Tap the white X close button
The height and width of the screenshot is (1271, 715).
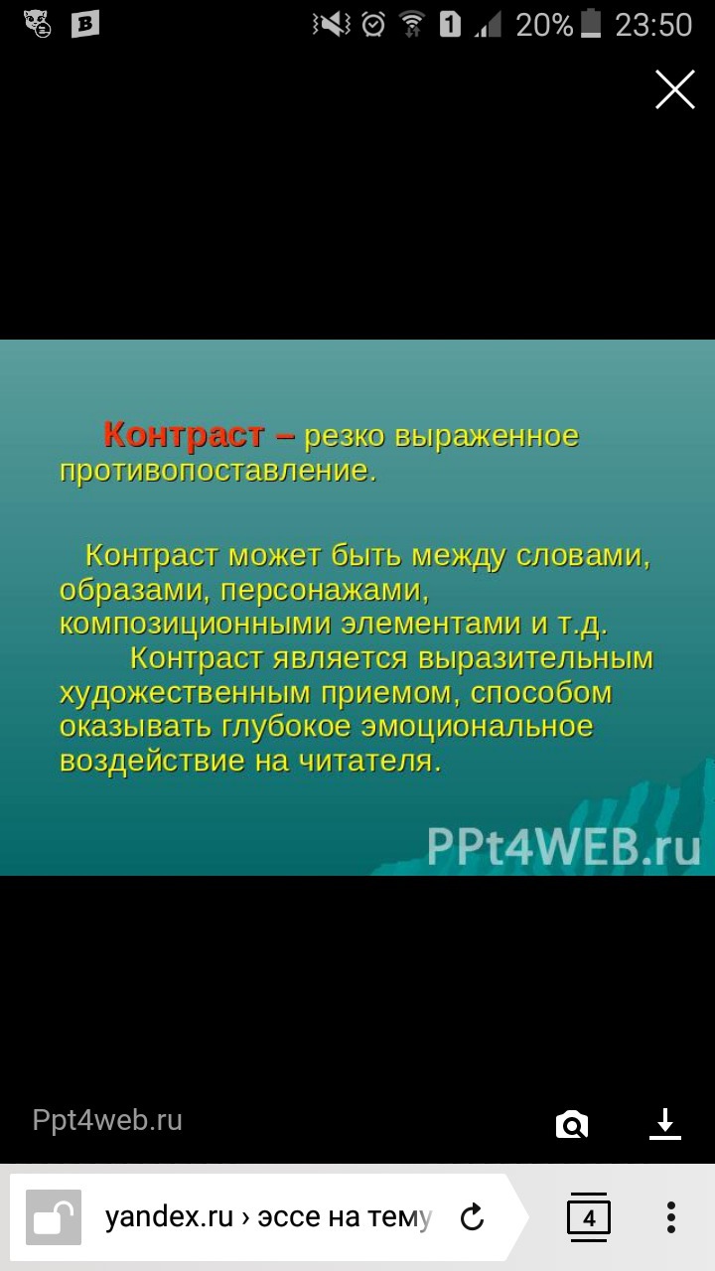[x=674, y=89]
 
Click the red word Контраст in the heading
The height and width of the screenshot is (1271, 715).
[x=184, y=435]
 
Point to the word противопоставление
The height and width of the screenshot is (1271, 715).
[x=217, y=471]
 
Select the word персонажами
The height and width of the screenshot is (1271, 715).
[x=325, y=591]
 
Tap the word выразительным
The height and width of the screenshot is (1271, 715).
[x=536, y=658]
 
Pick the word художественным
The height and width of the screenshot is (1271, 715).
[x=185, y=693]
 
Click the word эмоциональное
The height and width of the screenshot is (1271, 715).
[x=478, y=727]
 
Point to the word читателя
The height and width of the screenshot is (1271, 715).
[x=370, y=761]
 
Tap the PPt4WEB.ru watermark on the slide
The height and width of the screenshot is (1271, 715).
[x=563, y=847]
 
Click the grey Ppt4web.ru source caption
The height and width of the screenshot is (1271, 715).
[x=107, y=1120]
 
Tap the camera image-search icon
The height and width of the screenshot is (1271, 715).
[x=571, y=1124]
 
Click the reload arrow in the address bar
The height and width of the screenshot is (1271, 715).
[x=472, y=1216]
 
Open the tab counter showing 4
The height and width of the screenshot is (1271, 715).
[x=589, y=1217]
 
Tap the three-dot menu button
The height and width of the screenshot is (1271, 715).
[x=671, y=1217]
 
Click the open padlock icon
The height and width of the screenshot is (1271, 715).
[x=54, y=1217]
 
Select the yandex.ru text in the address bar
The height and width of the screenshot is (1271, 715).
[x=169, y=1216]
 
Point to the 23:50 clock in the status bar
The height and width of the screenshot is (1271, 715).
[x=653, y=25]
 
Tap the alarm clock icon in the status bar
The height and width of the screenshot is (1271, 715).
[x=373, y=25]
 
